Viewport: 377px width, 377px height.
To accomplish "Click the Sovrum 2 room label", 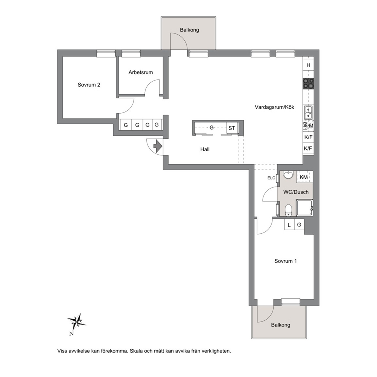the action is point(89,85).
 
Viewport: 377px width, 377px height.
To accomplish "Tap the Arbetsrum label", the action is point(140,72).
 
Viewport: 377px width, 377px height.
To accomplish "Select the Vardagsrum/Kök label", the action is point(274,107).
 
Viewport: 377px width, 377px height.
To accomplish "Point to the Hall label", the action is point(205,149).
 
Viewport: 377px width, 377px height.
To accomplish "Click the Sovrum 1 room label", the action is point(285,261).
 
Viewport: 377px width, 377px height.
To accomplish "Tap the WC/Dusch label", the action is point(296,192).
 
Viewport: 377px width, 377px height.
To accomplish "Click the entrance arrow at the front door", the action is point(158,146).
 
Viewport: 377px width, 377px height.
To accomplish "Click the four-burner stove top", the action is point(308,84).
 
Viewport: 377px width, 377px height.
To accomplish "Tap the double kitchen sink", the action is point(308,113).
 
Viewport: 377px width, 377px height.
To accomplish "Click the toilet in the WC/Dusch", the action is point(288,210).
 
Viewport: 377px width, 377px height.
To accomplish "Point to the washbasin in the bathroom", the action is point(288,175).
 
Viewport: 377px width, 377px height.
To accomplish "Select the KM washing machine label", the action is point(304,177).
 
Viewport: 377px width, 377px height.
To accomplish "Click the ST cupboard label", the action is point(231,128).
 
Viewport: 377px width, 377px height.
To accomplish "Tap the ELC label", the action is point(271,178).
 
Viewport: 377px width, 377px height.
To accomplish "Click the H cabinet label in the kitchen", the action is point(309,65).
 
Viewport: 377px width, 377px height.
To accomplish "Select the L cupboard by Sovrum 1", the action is point(289,225).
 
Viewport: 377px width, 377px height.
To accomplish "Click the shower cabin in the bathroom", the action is point(304,207).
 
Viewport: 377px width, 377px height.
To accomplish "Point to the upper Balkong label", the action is point(190,30).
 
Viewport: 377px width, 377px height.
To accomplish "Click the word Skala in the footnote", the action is point(136,351).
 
